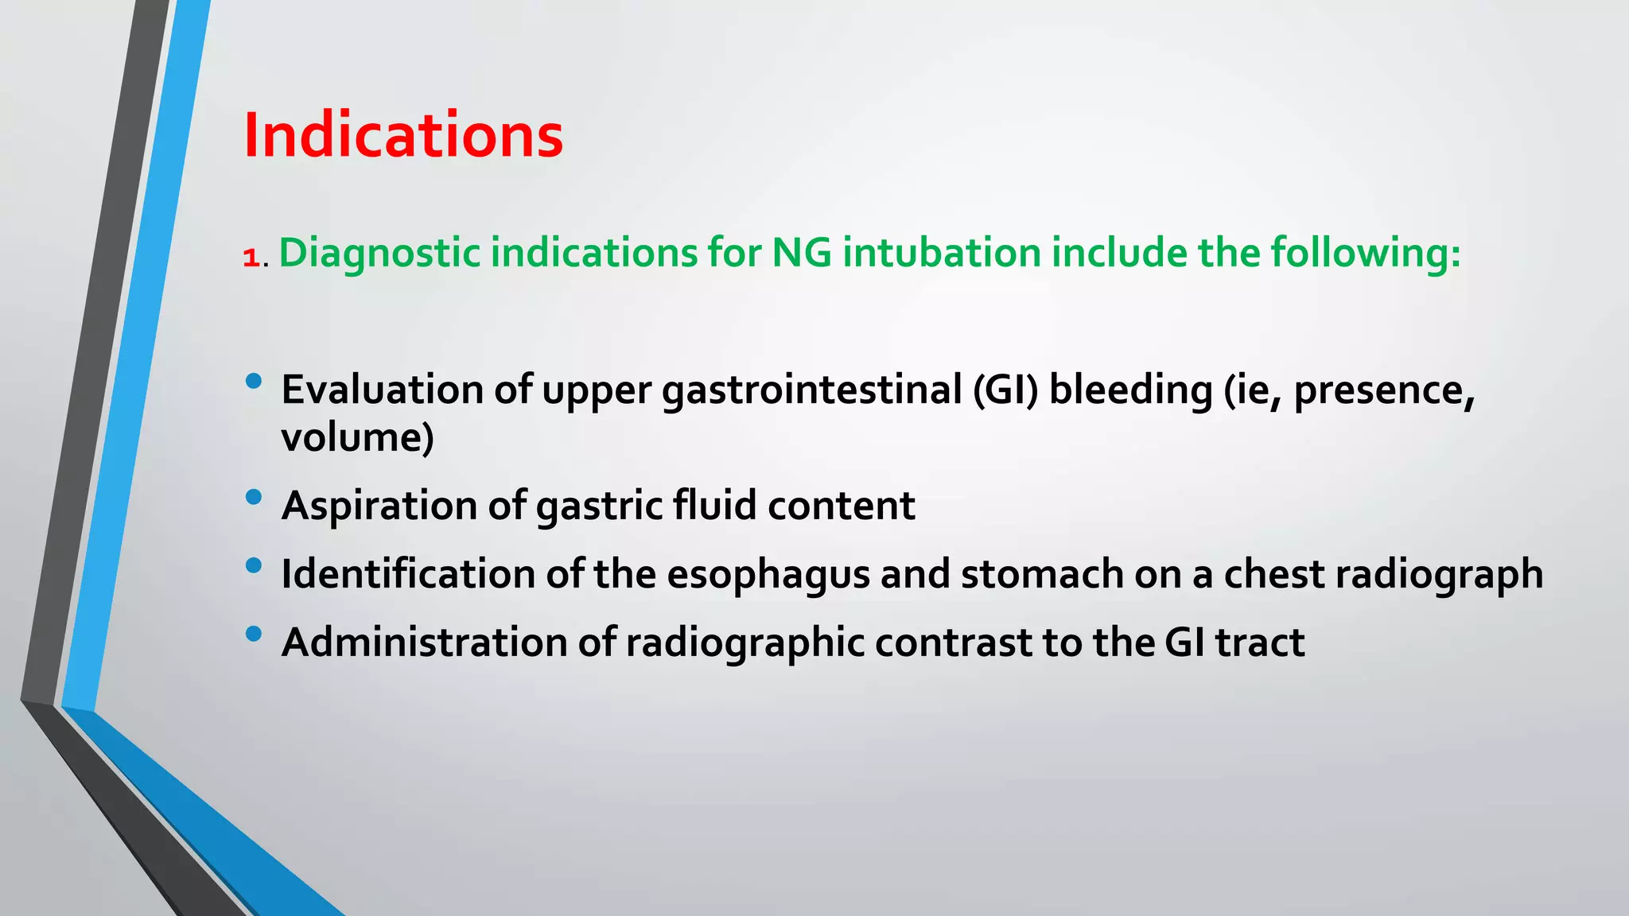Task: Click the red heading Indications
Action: coord(403,135)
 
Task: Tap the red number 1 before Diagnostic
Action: coord(251,258)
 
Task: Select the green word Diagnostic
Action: coord(379,253)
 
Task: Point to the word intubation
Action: coord(942,253)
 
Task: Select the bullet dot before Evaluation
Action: coord(254,381)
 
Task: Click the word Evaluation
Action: coord(383,390)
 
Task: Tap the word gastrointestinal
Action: coord(812,390)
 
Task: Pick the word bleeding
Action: coord(1130,390)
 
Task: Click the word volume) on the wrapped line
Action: coord(357,437)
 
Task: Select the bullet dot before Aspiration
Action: coord(254,497)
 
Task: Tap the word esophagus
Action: coord(768,574)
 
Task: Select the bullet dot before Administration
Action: coord(254,634)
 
